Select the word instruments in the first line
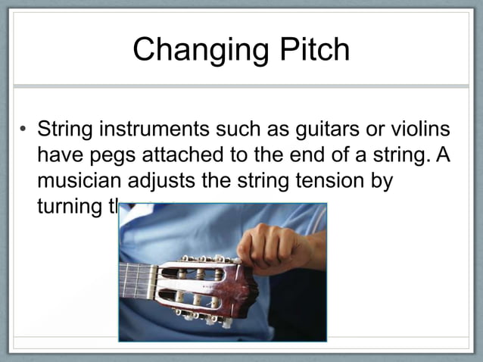[160, 130]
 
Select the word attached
[193, 156]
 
